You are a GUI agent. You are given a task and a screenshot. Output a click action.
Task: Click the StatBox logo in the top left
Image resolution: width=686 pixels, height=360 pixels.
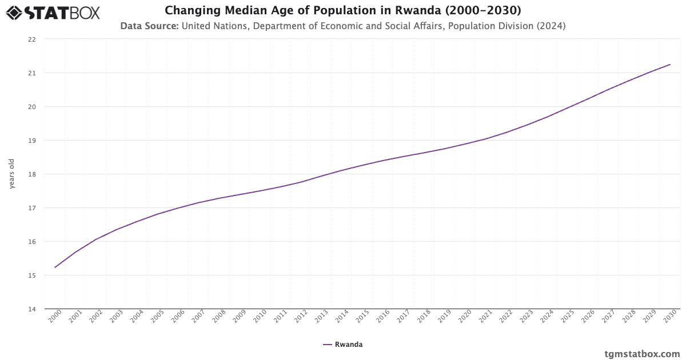(x=53, y=13)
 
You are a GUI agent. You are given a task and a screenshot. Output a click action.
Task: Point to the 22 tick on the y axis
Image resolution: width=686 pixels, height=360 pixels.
(x=32, y=39)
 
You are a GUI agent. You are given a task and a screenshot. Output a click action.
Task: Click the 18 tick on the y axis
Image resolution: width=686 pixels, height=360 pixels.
(x=32, y=174)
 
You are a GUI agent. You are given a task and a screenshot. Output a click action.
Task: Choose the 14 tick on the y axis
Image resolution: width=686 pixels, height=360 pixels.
(x=32, y=309)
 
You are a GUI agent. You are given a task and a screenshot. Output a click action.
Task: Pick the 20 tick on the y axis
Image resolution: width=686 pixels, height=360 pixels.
(x=32, y=107)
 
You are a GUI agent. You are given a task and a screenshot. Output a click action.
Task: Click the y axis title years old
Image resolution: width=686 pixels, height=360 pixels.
(x=12, y=174)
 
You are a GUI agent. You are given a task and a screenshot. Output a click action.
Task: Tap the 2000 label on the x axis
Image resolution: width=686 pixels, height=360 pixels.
(x=55, y=317)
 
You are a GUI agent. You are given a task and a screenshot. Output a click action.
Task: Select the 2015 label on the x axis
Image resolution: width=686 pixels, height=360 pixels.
(x=362, y=317)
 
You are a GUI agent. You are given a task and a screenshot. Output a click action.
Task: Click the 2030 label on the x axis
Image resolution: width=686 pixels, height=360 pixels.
(x=670, y=317)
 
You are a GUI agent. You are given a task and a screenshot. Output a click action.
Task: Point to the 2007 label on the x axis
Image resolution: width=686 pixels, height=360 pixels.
(x=198, y=317)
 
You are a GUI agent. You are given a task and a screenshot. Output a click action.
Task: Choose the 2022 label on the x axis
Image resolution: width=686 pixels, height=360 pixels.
(x=506, y=317)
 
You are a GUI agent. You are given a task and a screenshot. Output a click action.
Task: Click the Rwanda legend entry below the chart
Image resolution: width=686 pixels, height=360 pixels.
(x=343, y=345)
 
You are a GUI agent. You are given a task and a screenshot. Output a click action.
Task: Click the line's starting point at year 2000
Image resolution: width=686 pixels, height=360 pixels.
(x=55, y=267)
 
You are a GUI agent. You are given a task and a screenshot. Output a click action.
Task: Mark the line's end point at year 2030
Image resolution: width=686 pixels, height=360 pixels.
(x=670, y=65)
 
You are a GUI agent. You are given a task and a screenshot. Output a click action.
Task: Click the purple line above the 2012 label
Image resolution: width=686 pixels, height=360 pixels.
(x=301, y=182)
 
